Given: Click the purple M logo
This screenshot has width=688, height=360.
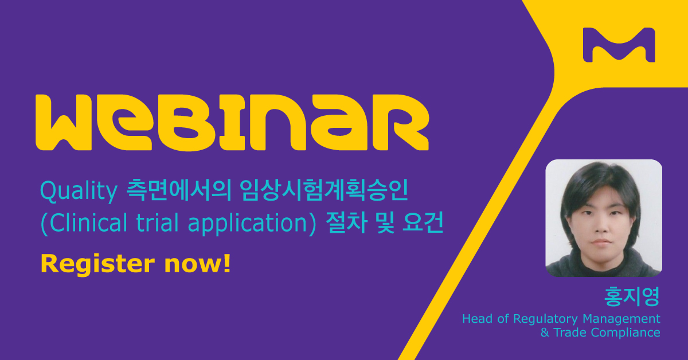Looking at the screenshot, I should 618,45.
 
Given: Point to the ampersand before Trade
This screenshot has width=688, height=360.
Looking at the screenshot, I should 545,332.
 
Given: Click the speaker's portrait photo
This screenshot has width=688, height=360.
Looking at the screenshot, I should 603,218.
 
